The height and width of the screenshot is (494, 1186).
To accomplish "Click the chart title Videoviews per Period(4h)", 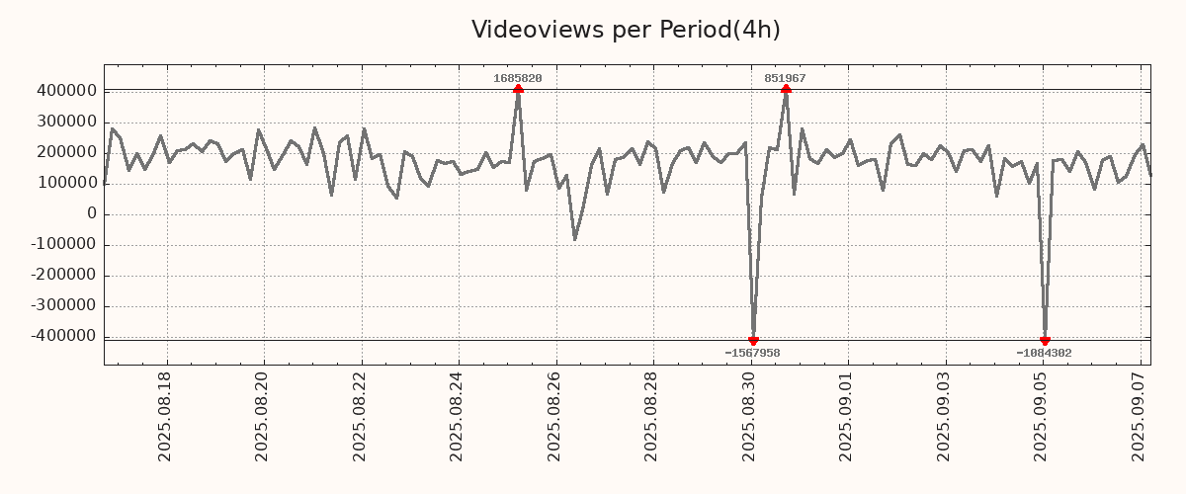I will tap(626, 30).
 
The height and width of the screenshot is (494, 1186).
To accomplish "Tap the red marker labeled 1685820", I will tap(518, 90).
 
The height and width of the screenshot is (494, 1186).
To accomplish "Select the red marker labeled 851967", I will tap(786, 90).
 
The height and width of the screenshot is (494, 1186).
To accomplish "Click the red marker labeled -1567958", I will tap(753, 341).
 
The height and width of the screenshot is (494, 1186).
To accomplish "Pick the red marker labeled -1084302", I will tap(1045, 341).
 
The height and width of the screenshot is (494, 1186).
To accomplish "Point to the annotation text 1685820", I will tap(518, 78).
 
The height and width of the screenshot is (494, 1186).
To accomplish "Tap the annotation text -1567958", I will tap(752, 353).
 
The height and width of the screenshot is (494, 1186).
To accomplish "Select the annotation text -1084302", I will tap(1044, 353).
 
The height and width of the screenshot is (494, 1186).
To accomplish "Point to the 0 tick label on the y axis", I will tap(92, 213).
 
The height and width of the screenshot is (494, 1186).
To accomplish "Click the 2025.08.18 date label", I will tap(166, 416).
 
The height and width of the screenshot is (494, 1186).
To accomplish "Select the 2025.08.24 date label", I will tap(458, 416).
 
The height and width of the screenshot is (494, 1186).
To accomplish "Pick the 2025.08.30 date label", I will tap(750, 416).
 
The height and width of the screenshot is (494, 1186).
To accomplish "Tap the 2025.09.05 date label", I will tap(1042, 416).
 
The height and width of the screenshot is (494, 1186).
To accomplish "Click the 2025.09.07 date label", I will tap(1139, 416).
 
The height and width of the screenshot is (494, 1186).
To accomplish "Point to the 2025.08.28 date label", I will tap(652, 416).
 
